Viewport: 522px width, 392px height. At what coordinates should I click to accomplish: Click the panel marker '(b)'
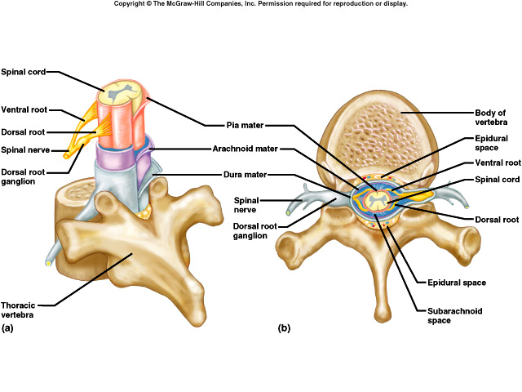[x=284, y=328]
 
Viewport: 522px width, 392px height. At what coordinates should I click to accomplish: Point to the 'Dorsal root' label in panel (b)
[x=497, y=219]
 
